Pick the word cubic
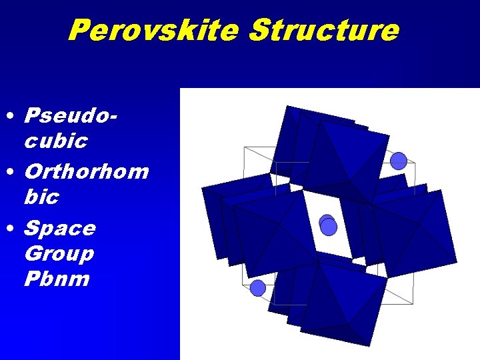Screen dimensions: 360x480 pos(56,141)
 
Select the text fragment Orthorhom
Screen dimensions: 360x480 pos(86,171)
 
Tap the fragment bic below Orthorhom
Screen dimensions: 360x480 pos(41,197)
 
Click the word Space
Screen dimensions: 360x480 pos(60,228)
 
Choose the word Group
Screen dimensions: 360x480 pos(59,253)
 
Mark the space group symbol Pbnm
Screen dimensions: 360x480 pos(57,279)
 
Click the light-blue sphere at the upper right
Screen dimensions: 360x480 pos(398,161)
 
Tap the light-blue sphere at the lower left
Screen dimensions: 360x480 pos(257,288)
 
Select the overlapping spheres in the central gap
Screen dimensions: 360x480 pos(328,225)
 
